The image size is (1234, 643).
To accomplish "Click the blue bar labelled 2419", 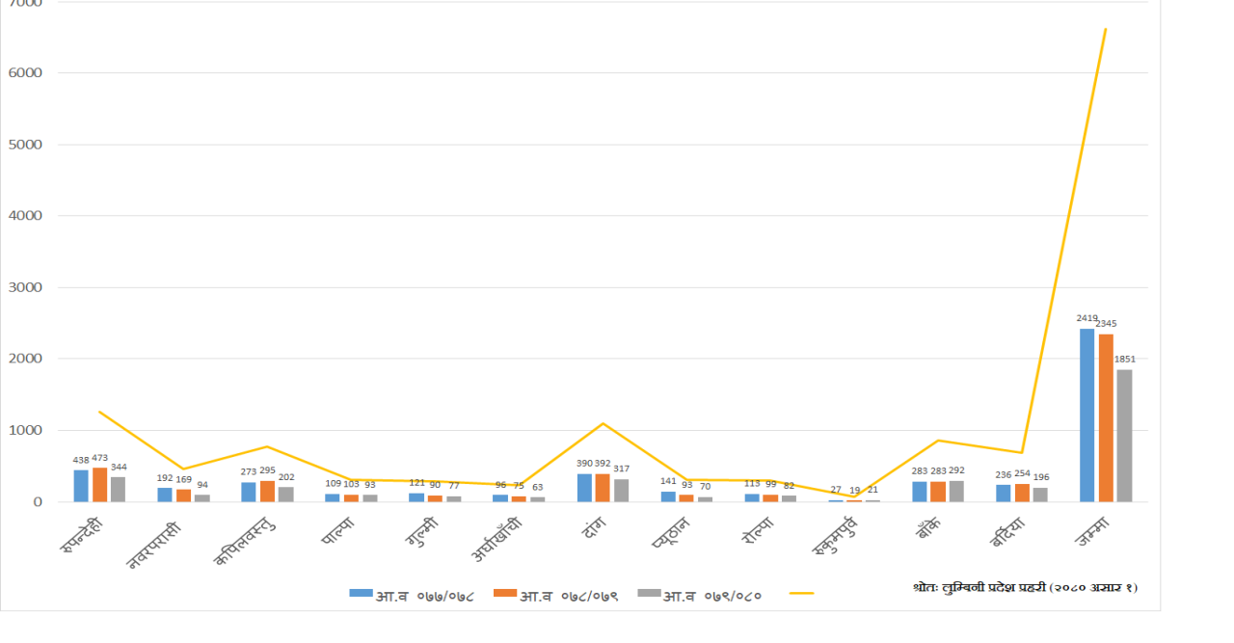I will pyautogui.click(x=1086, y=415).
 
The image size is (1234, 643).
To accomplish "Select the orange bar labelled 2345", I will pyautogui.click(x=1106, y=417).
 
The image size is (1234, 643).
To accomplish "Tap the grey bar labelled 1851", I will pyautogui.click(x=1124, y=435).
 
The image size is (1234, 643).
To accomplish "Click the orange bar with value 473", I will pyautogui.click(x=99, y=485).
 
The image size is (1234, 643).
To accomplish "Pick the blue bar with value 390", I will pyautogui.click(x=584, y=488).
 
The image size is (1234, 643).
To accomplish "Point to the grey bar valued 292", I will pyautogui.click(x=956, y=491).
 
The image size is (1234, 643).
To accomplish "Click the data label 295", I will pyautogui.click(x=267, y=471).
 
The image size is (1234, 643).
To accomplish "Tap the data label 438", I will pyautogui.click(x=81, y=461).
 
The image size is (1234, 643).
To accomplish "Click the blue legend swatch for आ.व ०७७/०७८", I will pyautogui.click(x=362, y=594).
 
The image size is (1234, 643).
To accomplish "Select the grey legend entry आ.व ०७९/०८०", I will pyautogui.click(x=700, y=595).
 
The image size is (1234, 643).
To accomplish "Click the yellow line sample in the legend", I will pyautogui.click(x=800, y=594).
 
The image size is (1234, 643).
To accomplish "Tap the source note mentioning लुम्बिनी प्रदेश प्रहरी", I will pyautogui.click(x=1025, y=586).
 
